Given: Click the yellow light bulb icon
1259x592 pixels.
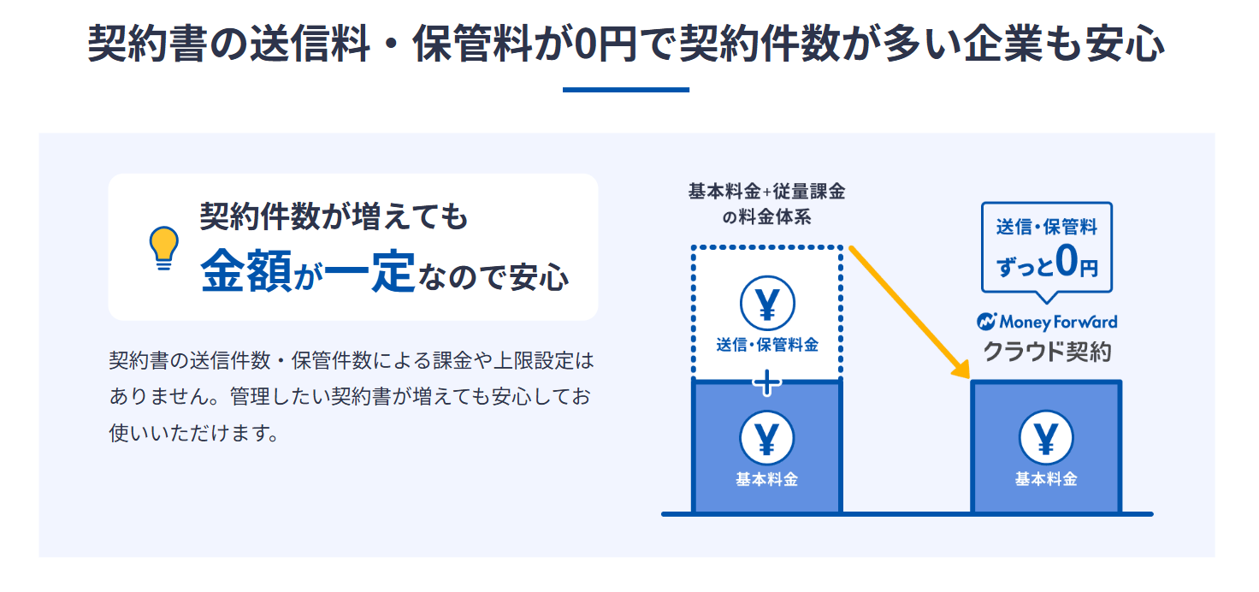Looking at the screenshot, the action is click(163, 248).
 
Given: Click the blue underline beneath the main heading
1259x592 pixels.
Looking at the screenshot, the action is click(625, 89).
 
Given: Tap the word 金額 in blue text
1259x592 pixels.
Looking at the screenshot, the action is click(246, 272).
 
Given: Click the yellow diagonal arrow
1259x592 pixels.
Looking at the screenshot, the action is click(910, 312).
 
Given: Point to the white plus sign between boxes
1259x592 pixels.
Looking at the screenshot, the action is click(767, 382).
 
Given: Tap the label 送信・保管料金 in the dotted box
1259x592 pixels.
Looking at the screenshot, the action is click(767, 345).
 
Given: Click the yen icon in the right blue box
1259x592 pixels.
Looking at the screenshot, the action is click(1046, 438).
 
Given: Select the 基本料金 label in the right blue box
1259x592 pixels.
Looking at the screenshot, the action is click(1046, 479).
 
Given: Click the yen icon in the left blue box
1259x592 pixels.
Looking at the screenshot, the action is click(767, 438).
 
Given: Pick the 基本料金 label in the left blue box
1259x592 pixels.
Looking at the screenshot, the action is click(767, 479).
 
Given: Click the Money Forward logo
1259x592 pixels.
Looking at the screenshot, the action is click(1047, 322).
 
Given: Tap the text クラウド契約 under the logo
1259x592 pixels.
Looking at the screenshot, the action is click(1047, 351).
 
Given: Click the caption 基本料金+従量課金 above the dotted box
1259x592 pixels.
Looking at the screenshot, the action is click(766, 192).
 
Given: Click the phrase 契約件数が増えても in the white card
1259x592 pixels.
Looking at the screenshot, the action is click(334, 216).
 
